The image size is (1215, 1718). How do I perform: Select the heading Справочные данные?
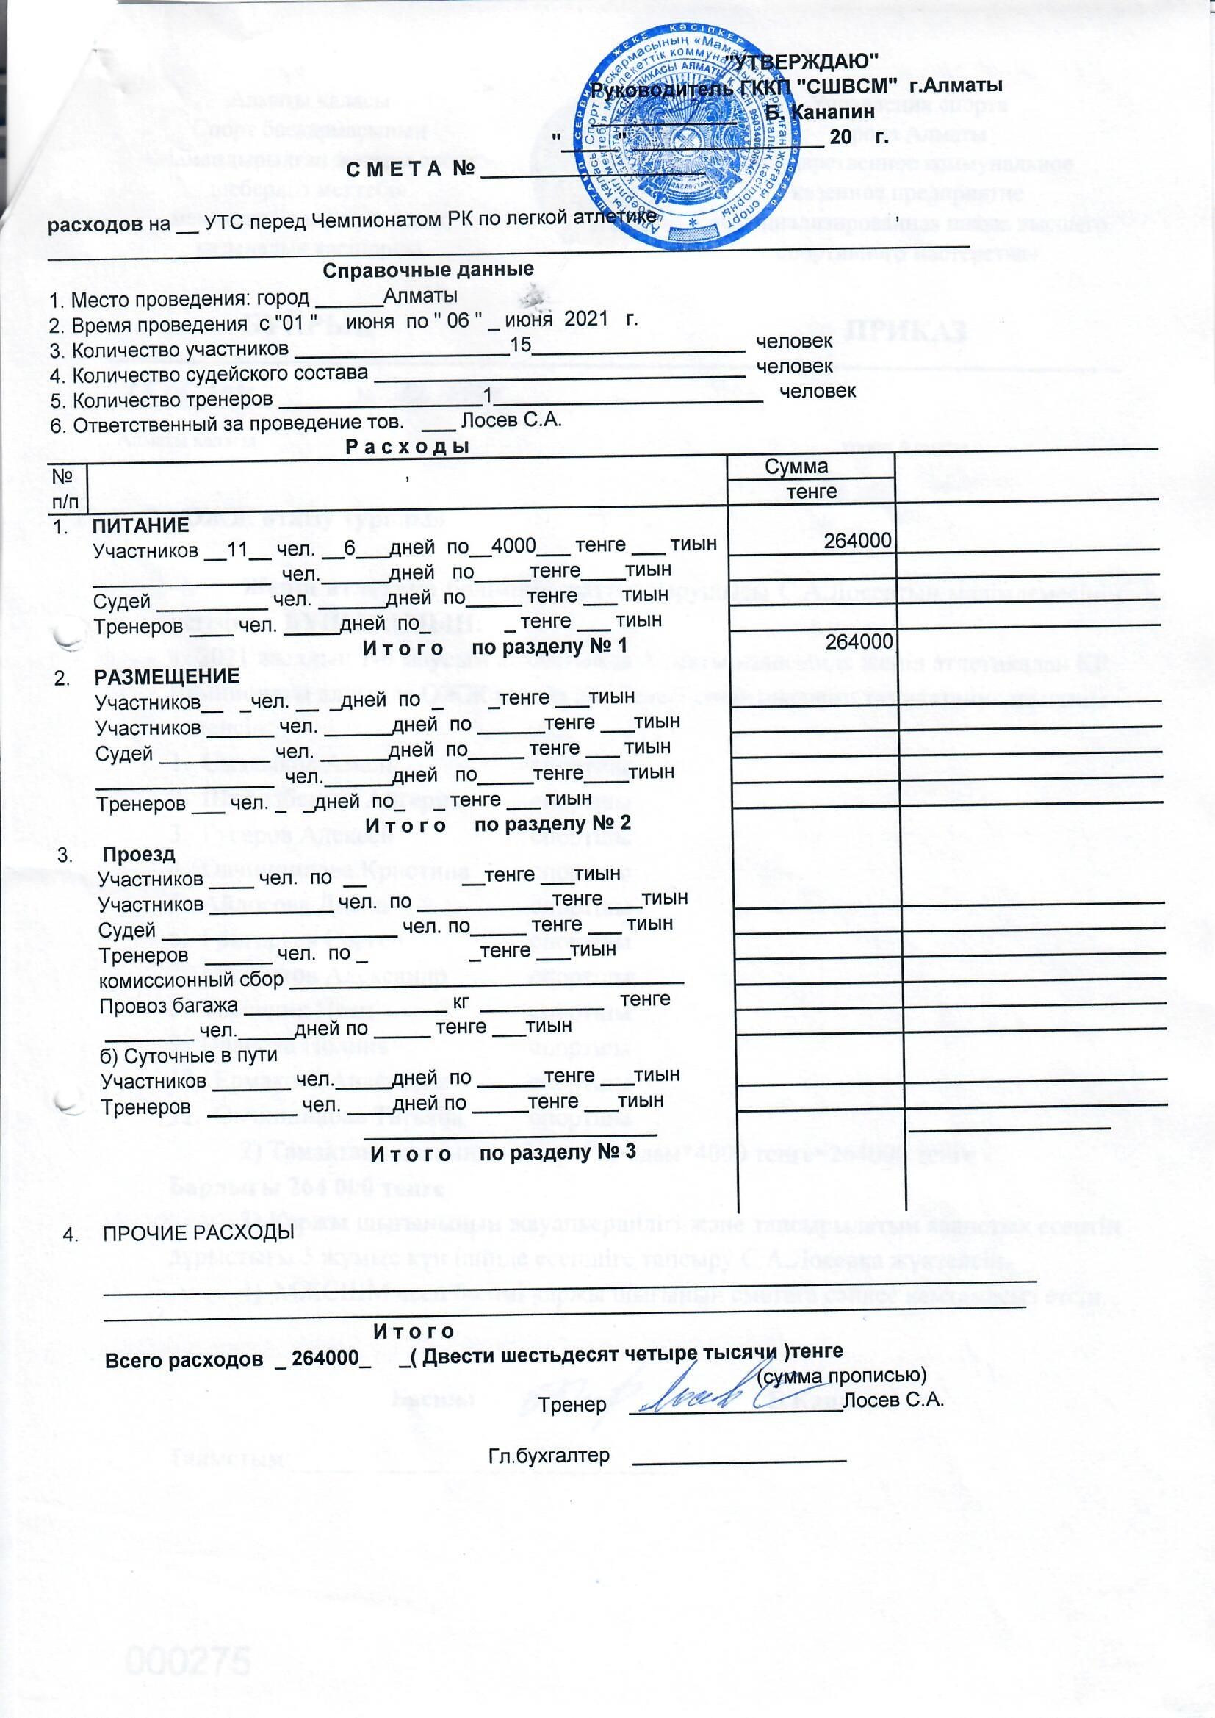point(428,270)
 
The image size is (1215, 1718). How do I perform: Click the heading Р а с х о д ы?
point(407,447)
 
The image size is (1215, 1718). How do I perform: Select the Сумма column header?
point(797,467)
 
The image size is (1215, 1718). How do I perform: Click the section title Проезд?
point(139,854)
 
